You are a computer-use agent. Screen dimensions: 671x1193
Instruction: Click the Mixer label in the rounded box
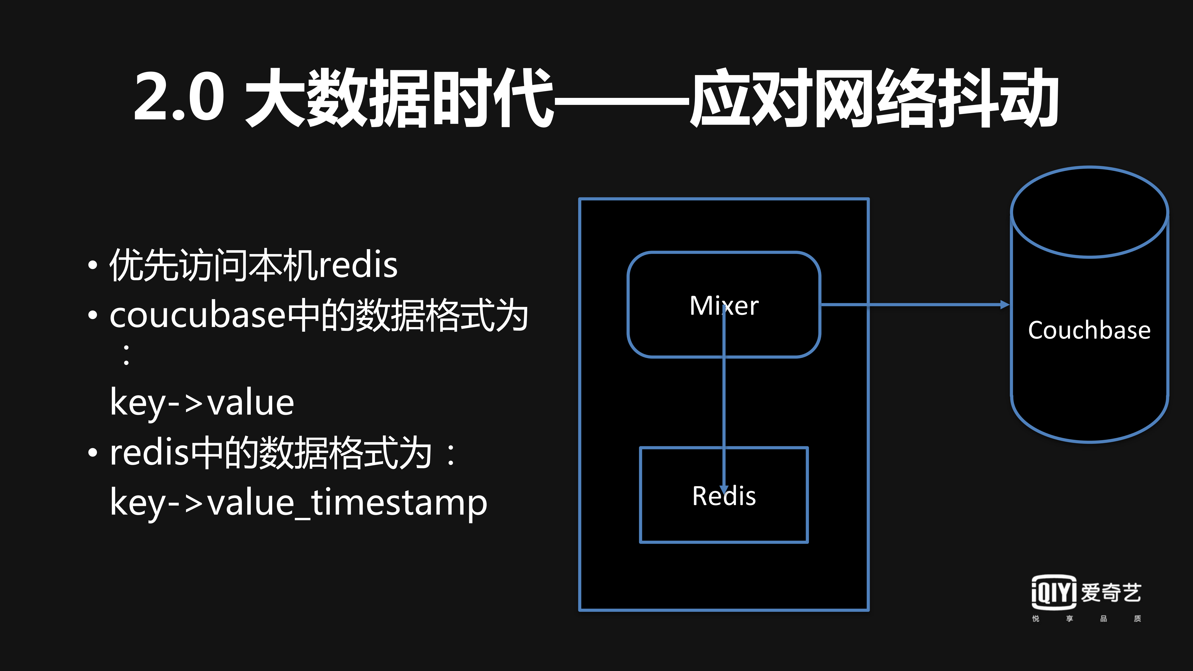click(724, 306)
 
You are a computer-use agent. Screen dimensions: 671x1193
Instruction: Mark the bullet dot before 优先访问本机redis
click(93, 265)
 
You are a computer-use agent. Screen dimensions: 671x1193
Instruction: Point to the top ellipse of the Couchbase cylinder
click(1089, 212)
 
